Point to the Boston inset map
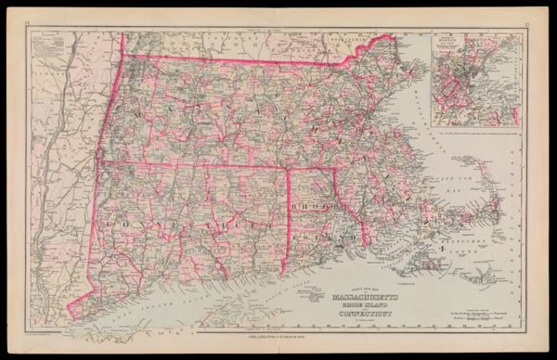click(x=473, y=80)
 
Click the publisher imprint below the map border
click(x=278, y=338)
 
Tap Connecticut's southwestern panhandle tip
click(x=71, y=306)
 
